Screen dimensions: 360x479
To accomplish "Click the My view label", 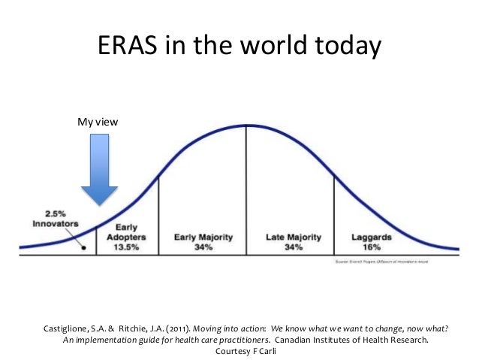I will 98,120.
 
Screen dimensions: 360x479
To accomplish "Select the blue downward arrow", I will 98,169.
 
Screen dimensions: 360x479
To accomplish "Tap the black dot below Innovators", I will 83,247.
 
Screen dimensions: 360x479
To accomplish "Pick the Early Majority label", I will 202,237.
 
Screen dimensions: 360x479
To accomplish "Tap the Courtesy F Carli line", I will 239,350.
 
